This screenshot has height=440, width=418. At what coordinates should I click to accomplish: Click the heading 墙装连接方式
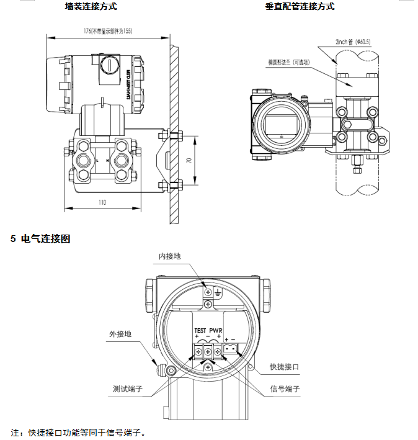[91, 7]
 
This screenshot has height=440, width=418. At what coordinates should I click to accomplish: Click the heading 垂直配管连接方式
[300, 7]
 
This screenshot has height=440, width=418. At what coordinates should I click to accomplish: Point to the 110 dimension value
[102, 202]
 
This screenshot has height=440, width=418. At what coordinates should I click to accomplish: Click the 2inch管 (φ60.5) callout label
[352, 42]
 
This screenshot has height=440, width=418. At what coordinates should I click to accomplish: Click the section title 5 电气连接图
[40, 239]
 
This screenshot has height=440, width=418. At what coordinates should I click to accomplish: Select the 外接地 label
[120, 334]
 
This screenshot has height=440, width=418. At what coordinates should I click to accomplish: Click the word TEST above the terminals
[200, 330]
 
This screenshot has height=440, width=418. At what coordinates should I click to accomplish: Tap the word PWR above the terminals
[215, 330]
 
